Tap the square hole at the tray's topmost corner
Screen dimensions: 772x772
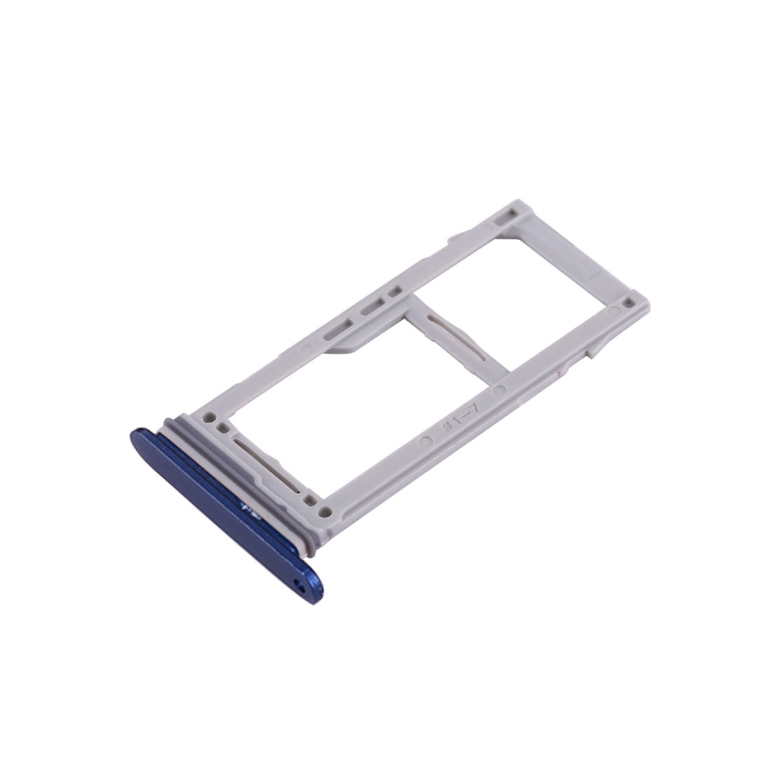[x=513, y=213]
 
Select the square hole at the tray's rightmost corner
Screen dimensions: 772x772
[x=627, y=301]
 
